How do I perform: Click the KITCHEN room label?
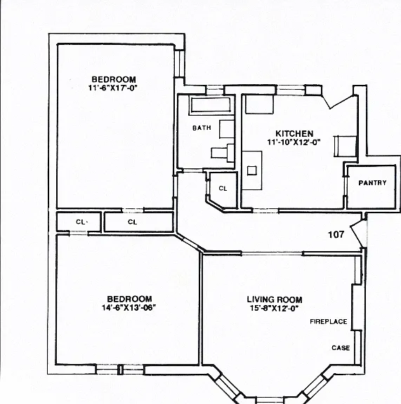coord(294,133)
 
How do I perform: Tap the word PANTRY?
coord(372,182)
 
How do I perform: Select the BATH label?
coord(202,128)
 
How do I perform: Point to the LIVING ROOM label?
coord(275,299)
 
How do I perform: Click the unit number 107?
coord(336,234)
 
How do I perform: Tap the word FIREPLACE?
coord(328,321)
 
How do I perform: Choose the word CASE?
coord(341,348)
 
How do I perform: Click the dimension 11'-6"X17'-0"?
coord(112,88)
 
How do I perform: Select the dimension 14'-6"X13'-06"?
coord(129,307)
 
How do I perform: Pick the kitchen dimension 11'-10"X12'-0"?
coord(294,142)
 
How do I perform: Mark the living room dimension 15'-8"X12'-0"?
coord(274,308)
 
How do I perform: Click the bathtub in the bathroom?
coord(210,105)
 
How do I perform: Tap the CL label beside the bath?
coord(223,189)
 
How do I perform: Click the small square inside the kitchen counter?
coord(252,170)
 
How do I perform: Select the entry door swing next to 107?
coord(357,234)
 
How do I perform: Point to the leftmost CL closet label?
coord(81,222)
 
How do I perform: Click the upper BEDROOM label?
coord(114,79)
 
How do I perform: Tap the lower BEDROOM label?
coord(129,299)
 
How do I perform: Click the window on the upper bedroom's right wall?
coord(179,63)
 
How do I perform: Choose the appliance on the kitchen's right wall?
coord(346,147)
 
